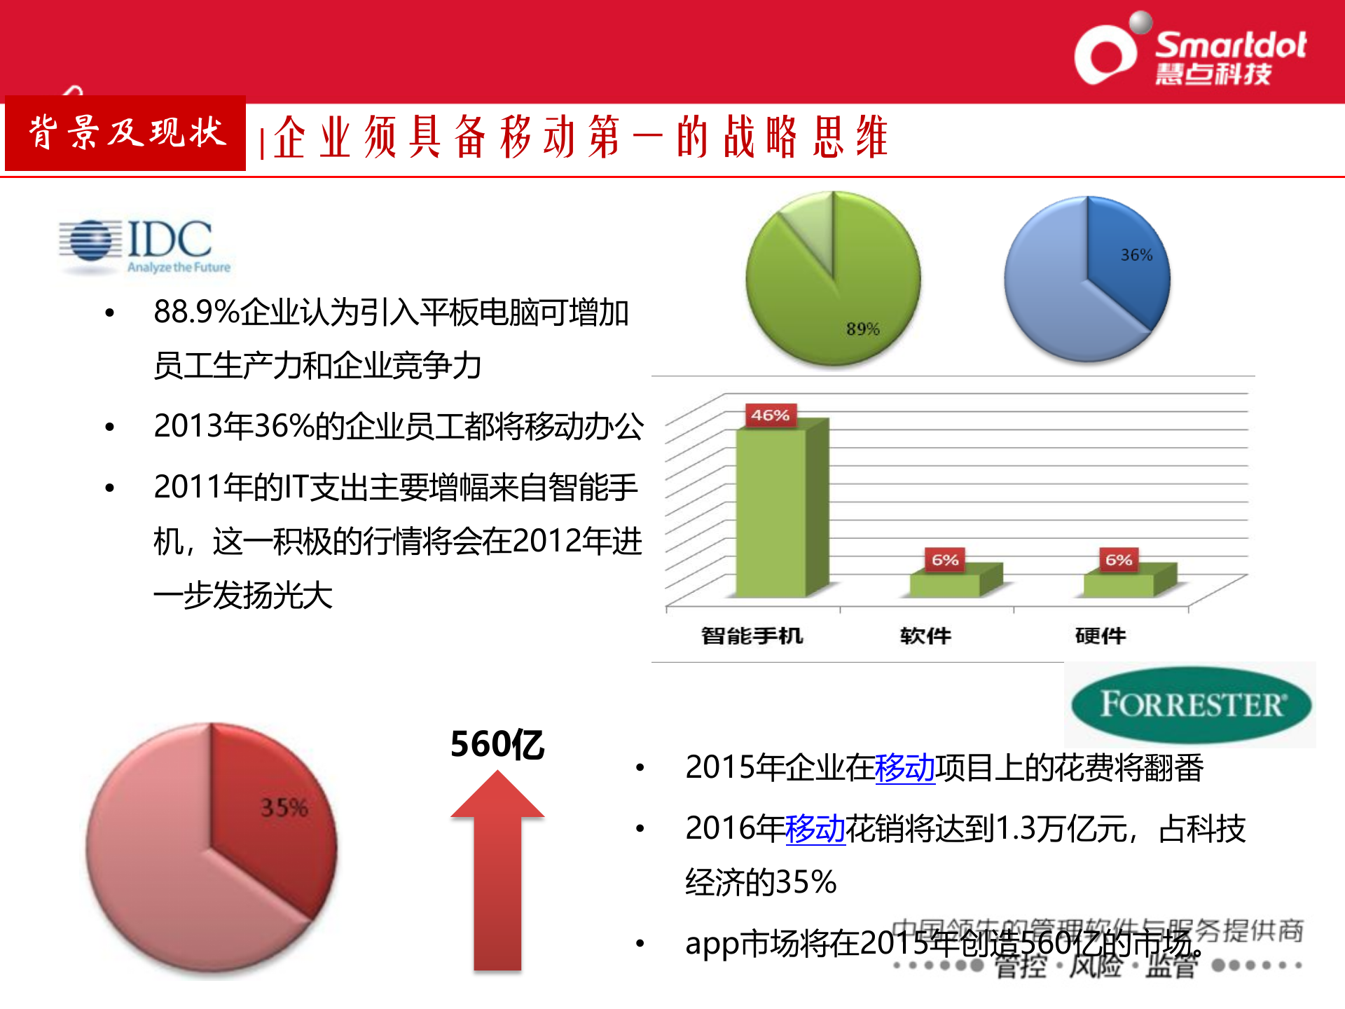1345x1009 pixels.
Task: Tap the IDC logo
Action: tap(145, 246)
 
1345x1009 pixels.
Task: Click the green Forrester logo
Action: tap(1190, 704)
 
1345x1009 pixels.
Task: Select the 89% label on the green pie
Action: tap(862, 329)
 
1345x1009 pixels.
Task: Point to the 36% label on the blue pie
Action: tap(1136, 255)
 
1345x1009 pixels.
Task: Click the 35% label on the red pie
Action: tap(284, 807)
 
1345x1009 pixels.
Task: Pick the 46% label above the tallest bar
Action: tap(770, 415)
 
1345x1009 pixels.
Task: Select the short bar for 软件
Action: tap(946, 583)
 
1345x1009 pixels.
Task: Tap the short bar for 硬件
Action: tap(1119, 583)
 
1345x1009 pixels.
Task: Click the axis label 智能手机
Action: tap(752, 636)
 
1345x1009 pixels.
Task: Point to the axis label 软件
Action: tap(925, 636)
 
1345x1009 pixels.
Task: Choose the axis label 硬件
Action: tap(1100, 636)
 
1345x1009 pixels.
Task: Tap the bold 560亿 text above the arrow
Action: tap(497, 744)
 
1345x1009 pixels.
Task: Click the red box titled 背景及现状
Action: tap(125, 133)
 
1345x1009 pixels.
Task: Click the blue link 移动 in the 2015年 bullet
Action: tap(904, 767)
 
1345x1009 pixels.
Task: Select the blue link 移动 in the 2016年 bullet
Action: tap(815, 828)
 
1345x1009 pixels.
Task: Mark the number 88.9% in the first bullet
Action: tap(197, 312)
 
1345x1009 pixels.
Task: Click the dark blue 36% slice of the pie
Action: tap(1124, 273)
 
